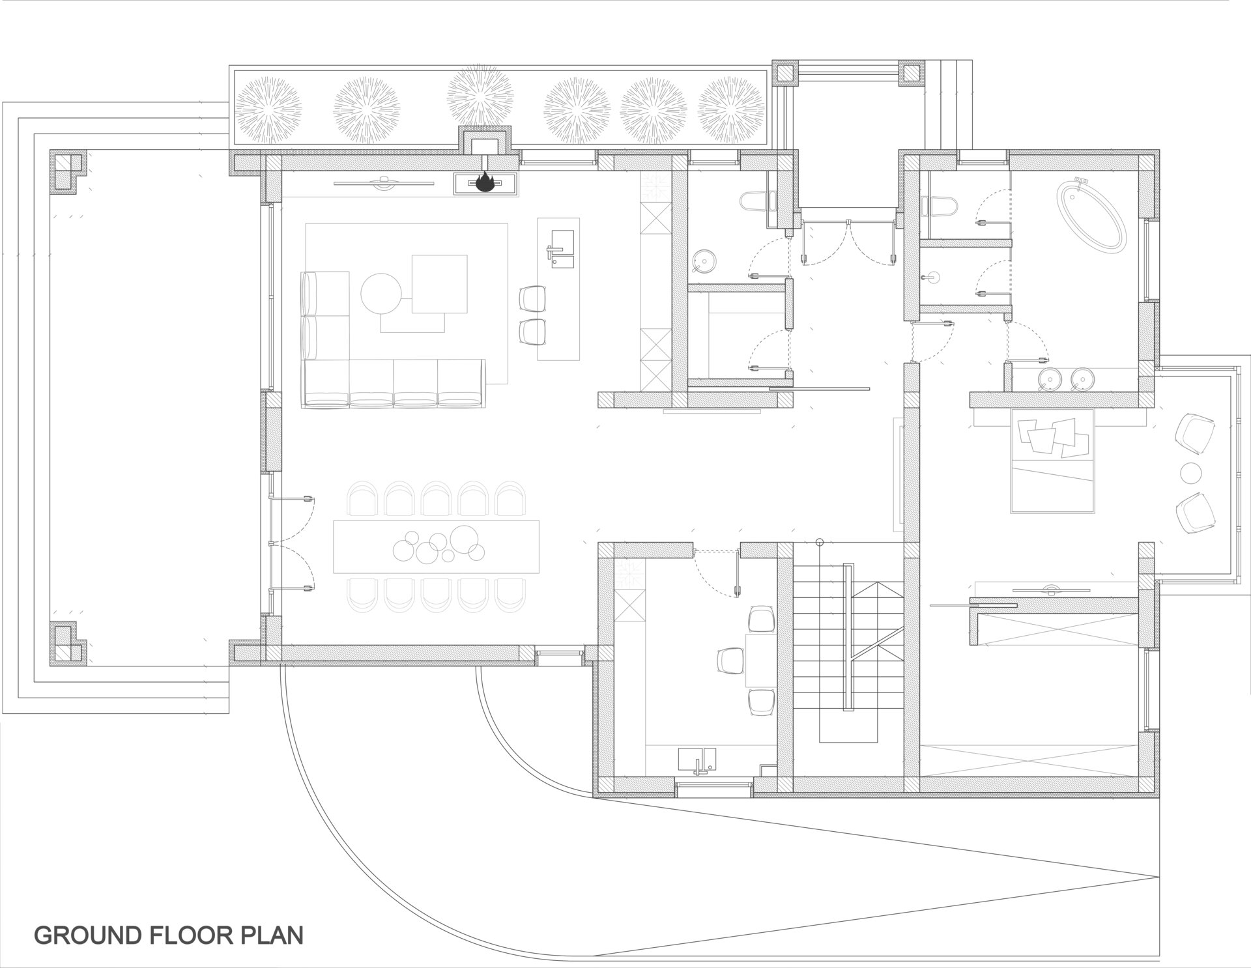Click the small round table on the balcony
coord(1191,472)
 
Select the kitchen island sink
coord(561,248)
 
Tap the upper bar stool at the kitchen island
coord(532,299)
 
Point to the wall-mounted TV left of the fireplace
coord(384,182)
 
